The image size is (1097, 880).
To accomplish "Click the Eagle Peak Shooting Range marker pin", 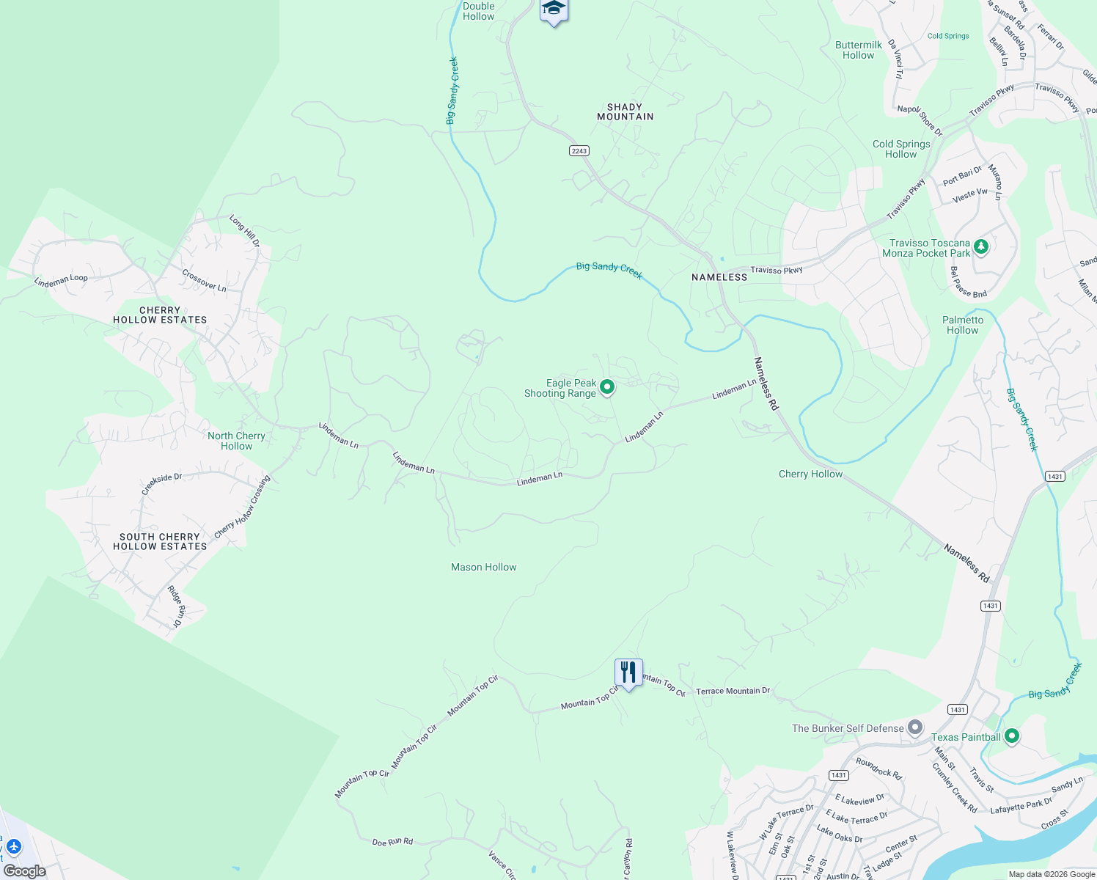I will (607, 386).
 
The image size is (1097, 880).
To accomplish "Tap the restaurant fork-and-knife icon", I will (628, 672).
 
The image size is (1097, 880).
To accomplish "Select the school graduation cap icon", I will (554, 10).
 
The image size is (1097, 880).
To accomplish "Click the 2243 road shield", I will (579, 151).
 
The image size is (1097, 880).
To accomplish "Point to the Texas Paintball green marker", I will (1012, 736).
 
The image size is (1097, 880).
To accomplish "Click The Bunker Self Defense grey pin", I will (915, 727).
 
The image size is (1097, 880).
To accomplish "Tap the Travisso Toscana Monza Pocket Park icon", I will (981, 247).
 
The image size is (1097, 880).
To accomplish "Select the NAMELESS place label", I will (719, 277).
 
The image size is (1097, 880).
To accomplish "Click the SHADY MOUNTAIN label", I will (625, 111).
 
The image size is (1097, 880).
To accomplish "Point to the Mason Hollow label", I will (484, 567).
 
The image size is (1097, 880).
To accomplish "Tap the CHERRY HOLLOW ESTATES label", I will (160, 315).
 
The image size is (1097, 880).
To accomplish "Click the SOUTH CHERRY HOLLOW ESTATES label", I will (160, 542).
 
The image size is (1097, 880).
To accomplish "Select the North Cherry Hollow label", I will (236, 441).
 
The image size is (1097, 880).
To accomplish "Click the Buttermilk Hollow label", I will (859, 50).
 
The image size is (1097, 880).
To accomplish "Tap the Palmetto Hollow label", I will (963, 325).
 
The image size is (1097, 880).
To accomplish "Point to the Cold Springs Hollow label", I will (901, 149).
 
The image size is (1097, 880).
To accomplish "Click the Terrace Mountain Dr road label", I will (733, 691).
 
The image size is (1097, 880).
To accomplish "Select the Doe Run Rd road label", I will (392, 842).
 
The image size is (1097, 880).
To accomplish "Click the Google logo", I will (25, 871).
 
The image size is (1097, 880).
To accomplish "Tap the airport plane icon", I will (13, 847).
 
